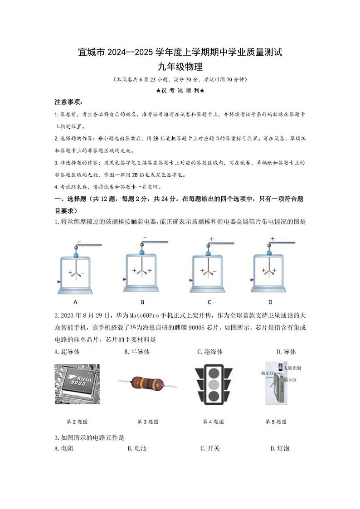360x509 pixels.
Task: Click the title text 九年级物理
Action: click(180, 67)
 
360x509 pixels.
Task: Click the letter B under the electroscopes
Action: click(142, 302)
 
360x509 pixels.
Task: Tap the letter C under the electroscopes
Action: click(209, 302)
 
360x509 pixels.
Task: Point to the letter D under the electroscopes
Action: click(270, 302)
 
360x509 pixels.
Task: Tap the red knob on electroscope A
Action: click(59, 282)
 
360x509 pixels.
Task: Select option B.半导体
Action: click(137, 352)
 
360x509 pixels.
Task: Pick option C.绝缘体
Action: click(210, 352)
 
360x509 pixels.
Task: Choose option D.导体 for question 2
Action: click(286, 352)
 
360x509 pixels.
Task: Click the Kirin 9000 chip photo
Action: click(77, 384)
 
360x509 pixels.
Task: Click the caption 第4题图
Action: click(213, 422)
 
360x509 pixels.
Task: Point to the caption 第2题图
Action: click(77, 422)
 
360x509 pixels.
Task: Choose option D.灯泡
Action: click(280, 449)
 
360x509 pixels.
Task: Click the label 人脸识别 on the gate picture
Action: click(292, 368)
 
